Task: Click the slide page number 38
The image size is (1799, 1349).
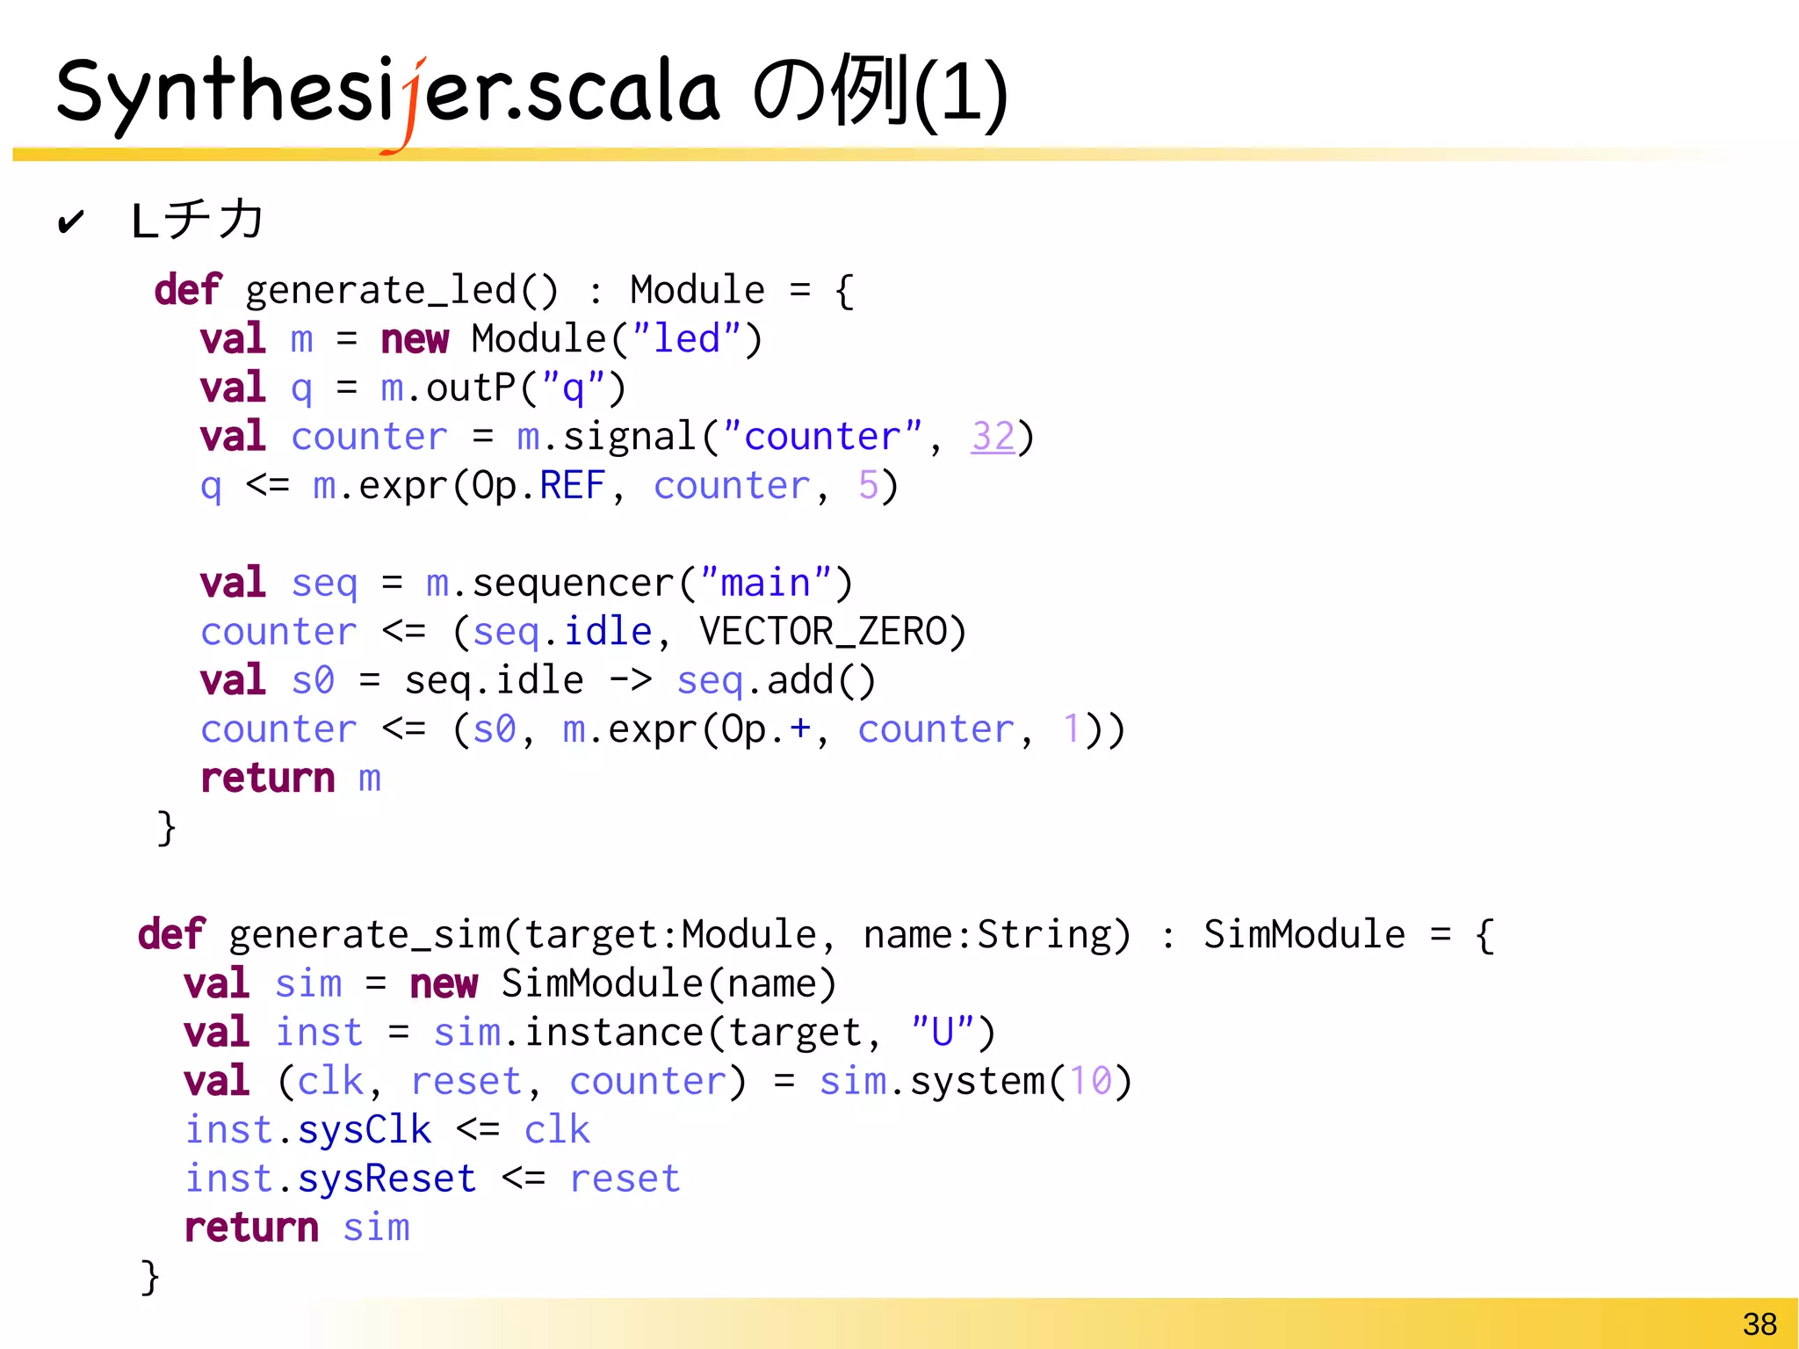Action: (x=1759, y=1324)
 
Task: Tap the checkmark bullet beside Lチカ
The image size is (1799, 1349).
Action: (x=70, y=221)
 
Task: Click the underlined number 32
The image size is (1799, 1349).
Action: (x=993, y=437)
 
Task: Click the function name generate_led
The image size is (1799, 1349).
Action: (x=381, y=291)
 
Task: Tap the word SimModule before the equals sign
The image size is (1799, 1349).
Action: (x=1304, y=934)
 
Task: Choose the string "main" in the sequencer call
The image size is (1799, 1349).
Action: (x=765, y=583)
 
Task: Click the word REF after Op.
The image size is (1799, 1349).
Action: (x=572, y=486)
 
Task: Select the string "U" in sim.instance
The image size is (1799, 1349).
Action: (x=942, y=1032)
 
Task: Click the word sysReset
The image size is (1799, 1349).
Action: (x=387, y=1179)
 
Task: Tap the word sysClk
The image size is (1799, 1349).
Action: (x=364, y=1130)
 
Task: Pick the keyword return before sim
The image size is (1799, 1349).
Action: (x=251, y=1228)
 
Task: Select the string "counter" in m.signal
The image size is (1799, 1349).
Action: (x=821, y=437)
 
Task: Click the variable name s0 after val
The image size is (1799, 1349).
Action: (x=313, y=681)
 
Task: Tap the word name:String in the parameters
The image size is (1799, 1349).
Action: (x=996, y=934)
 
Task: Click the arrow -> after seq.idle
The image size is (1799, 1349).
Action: (x=630, y=681)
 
